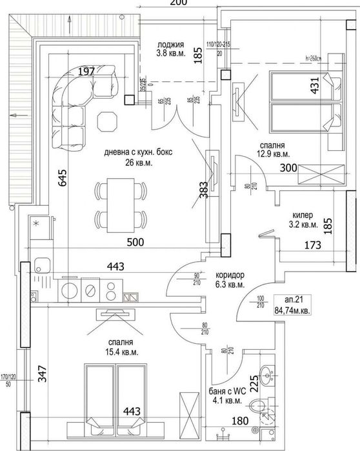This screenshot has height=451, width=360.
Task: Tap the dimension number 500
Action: pos(135,243)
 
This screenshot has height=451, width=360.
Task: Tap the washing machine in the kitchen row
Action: pos(69,292)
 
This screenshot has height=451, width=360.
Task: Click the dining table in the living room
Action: pos(119,206)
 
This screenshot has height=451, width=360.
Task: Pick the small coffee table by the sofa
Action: pos(106,121)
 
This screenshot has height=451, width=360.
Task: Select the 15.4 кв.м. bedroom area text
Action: pos(121,352)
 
